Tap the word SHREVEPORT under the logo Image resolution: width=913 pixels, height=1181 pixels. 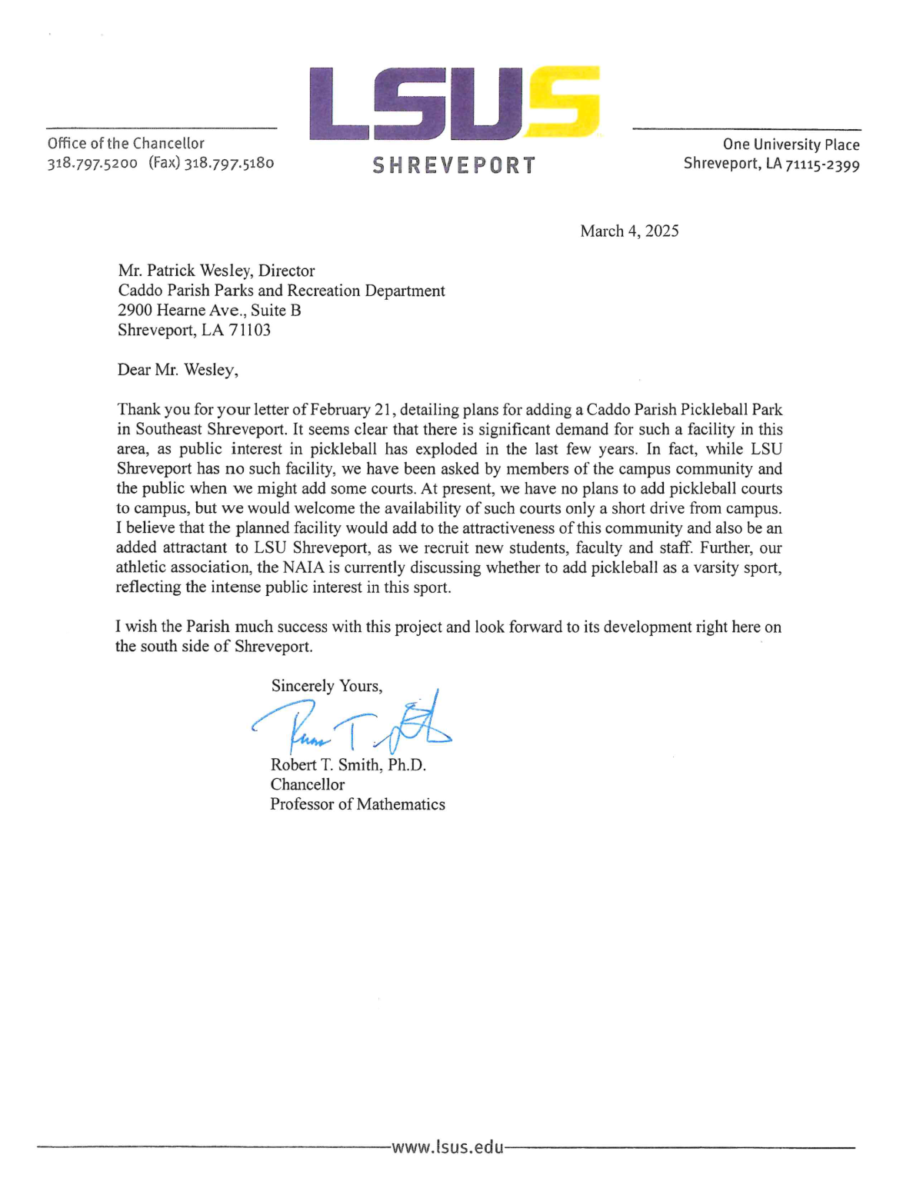click(x=454, y=165)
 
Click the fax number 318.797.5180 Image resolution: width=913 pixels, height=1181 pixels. click(x=229, y=163)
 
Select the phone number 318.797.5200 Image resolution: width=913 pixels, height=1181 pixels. click(x=92, y=163)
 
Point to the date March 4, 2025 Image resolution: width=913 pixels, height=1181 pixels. click(x=629, y=231)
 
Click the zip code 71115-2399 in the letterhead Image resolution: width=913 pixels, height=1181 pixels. click(x=822, y=165)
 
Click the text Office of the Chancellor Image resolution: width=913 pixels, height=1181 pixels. click(x=126, y=143)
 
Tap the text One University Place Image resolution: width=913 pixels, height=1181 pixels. click(x=791, y=145)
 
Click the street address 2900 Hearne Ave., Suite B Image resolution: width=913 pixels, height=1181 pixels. click(x=209, y=311)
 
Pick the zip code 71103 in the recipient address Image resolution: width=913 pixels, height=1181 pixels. click(x=249, y=331)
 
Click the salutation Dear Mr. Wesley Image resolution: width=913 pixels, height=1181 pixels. click(x=178, y=370)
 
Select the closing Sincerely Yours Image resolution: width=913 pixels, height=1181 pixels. click(x=326, y=686)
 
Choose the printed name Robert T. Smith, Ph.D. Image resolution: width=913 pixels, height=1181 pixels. click(x=348, y=765)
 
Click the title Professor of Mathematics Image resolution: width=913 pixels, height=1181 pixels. click(x=357, y=804)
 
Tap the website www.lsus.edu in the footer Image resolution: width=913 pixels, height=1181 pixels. click(x=448, y=1147)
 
